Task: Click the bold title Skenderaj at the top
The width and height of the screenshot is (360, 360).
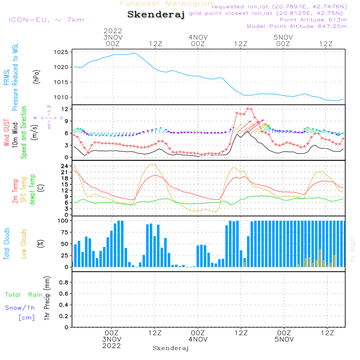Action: click(156, 15)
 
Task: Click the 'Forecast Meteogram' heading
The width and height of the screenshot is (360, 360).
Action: click(168, 4)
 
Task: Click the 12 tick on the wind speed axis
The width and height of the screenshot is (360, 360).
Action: click(64, 109)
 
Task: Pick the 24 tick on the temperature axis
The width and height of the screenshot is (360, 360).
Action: click(64, 166)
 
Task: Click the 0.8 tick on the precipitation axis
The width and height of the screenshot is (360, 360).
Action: click(63, 283)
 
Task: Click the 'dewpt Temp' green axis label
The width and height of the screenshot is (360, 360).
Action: click(32, 190)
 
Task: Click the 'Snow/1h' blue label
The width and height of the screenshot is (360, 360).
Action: click(20, 308)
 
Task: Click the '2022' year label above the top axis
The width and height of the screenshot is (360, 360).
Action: click(113, 31)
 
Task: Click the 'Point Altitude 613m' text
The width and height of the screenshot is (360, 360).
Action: click(313, 19)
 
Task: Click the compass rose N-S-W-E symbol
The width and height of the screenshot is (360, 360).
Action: click(49, 118)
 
